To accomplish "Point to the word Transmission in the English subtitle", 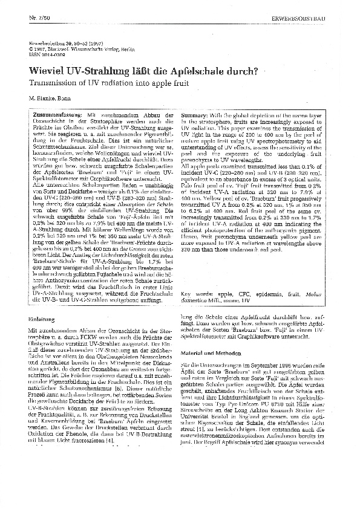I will point(57,82).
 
